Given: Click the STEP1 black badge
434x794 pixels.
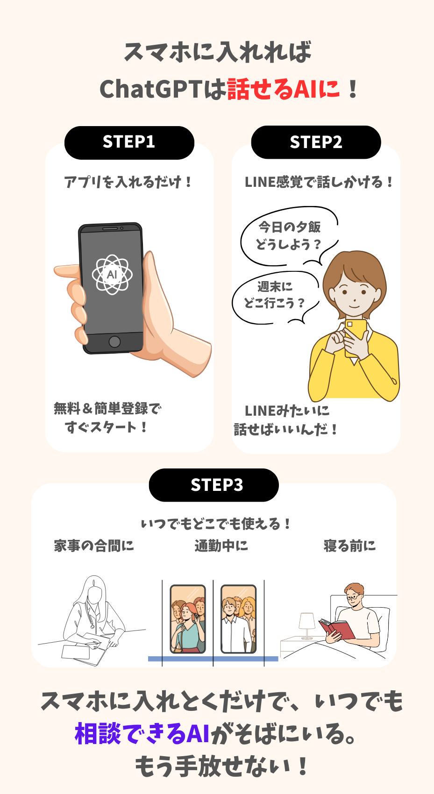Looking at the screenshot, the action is click(x=129, y=142).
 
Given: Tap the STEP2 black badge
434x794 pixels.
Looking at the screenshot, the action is click(x=316, y=142).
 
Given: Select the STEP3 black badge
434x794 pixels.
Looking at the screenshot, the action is click(x=214, y=485).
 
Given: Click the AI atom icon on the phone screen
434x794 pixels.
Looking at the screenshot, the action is click(x=112, y=274).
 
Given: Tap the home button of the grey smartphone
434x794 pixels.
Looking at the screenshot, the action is click(x=114, y=342).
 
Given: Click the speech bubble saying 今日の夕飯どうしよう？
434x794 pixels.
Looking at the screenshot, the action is click(x=289, y=236).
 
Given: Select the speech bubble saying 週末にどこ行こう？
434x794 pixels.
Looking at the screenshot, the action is click(x=275, y=296).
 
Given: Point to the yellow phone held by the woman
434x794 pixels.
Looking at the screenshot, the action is click(x=356, y=337).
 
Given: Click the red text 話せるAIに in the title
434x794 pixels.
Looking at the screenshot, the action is click(x=283, y=89).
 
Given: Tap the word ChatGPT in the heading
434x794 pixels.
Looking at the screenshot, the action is click(x=151, y=89).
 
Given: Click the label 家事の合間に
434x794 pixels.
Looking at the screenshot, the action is click(x=94, y=546).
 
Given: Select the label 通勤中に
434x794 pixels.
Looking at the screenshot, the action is click(x=221, y=546).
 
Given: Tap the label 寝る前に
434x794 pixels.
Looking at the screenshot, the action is click(x=349, y=546).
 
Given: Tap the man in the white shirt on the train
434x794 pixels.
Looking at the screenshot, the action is click(x=235, y=626).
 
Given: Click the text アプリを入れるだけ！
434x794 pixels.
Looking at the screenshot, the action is click(x=128, y=182).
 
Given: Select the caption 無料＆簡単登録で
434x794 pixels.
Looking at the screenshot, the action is click(x=107, y=408).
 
